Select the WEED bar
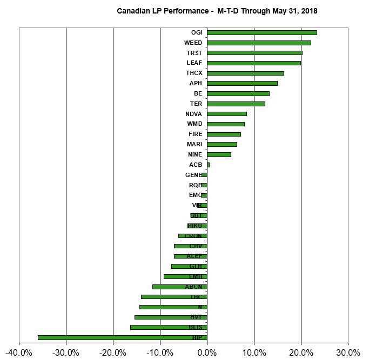(259, 43)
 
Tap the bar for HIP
(122, 337)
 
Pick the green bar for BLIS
(168, 327)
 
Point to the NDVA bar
(226, 114)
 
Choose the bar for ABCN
(179, 287)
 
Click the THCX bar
(245, 73)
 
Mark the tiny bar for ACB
(208, 165)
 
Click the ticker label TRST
(194, 53)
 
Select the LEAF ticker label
(194, 63)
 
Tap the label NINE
(194, 154)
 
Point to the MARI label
(194, 144)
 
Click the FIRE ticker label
(195, 134)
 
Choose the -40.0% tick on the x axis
(19, 352)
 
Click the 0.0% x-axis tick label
(207, 352)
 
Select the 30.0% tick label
(347, 352)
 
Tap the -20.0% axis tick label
(113, 352)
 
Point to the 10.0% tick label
(254, 352)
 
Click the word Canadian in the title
(133, 10)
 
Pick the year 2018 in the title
(308, 10)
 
